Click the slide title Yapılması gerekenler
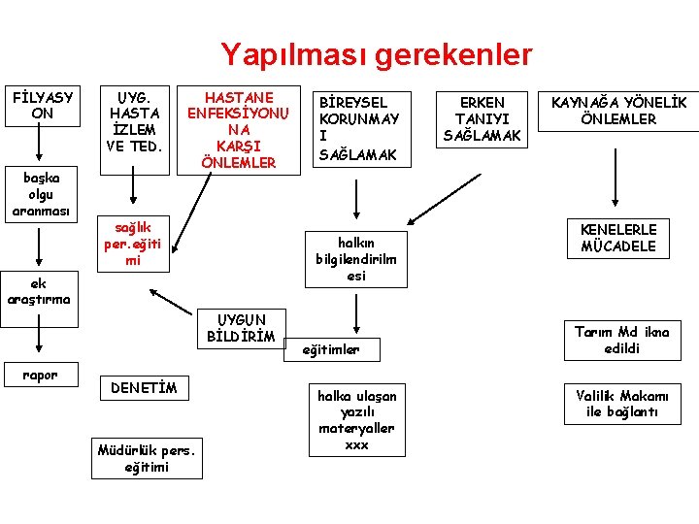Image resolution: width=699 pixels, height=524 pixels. point(376,53)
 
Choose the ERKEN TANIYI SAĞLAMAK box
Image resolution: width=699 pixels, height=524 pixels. point(483,118)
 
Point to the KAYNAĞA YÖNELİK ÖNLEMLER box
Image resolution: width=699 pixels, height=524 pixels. point(618,111)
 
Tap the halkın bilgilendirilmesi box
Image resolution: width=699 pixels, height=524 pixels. point(356,259)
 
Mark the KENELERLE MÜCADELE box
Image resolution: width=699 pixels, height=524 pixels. point(618,238)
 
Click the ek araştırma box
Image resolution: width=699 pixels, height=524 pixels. point(39,291)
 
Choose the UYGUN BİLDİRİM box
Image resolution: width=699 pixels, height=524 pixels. point(241,329)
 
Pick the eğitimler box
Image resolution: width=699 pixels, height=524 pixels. point(331,349)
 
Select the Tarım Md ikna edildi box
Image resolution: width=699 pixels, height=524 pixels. point(620,340)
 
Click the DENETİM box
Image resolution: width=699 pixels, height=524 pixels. point(144,388)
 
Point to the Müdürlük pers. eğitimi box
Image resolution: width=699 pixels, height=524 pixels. point(147,458)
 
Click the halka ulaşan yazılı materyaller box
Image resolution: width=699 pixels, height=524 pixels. point(356,420)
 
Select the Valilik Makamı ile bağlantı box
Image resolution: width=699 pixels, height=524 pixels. point(620,404)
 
